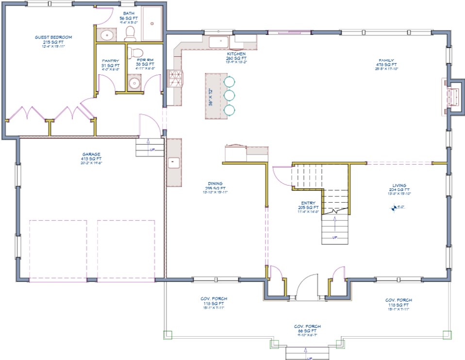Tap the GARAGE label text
[x=91, y=154]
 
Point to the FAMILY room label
[x=386, y=61]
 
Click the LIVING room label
[x=399, y=186]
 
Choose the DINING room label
[x=215, y=184]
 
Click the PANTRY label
[x=110, y=61]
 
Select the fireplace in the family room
[x=454, y=96]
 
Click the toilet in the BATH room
[x=130, y=34]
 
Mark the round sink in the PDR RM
[x=134, y=84]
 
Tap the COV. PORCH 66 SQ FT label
[x=307, y=326]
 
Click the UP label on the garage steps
[x=152, y=150]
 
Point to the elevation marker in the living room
[x=393, y=208]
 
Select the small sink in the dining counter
[x=172, y=162]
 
